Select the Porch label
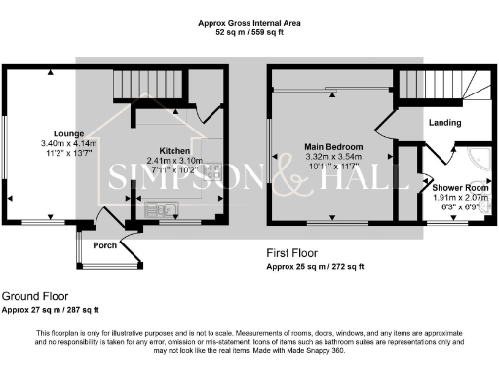tap(104, 245)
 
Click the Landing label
tap(443, 123)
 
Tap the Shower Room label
tap(459, 187)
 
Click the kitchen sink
tap(159, 207)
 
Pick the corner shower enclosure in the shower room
tap(476, 160)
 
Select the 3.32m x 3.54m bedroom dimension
tap(332, 156)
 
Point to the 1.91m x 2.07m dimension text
tap(459, 197)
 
